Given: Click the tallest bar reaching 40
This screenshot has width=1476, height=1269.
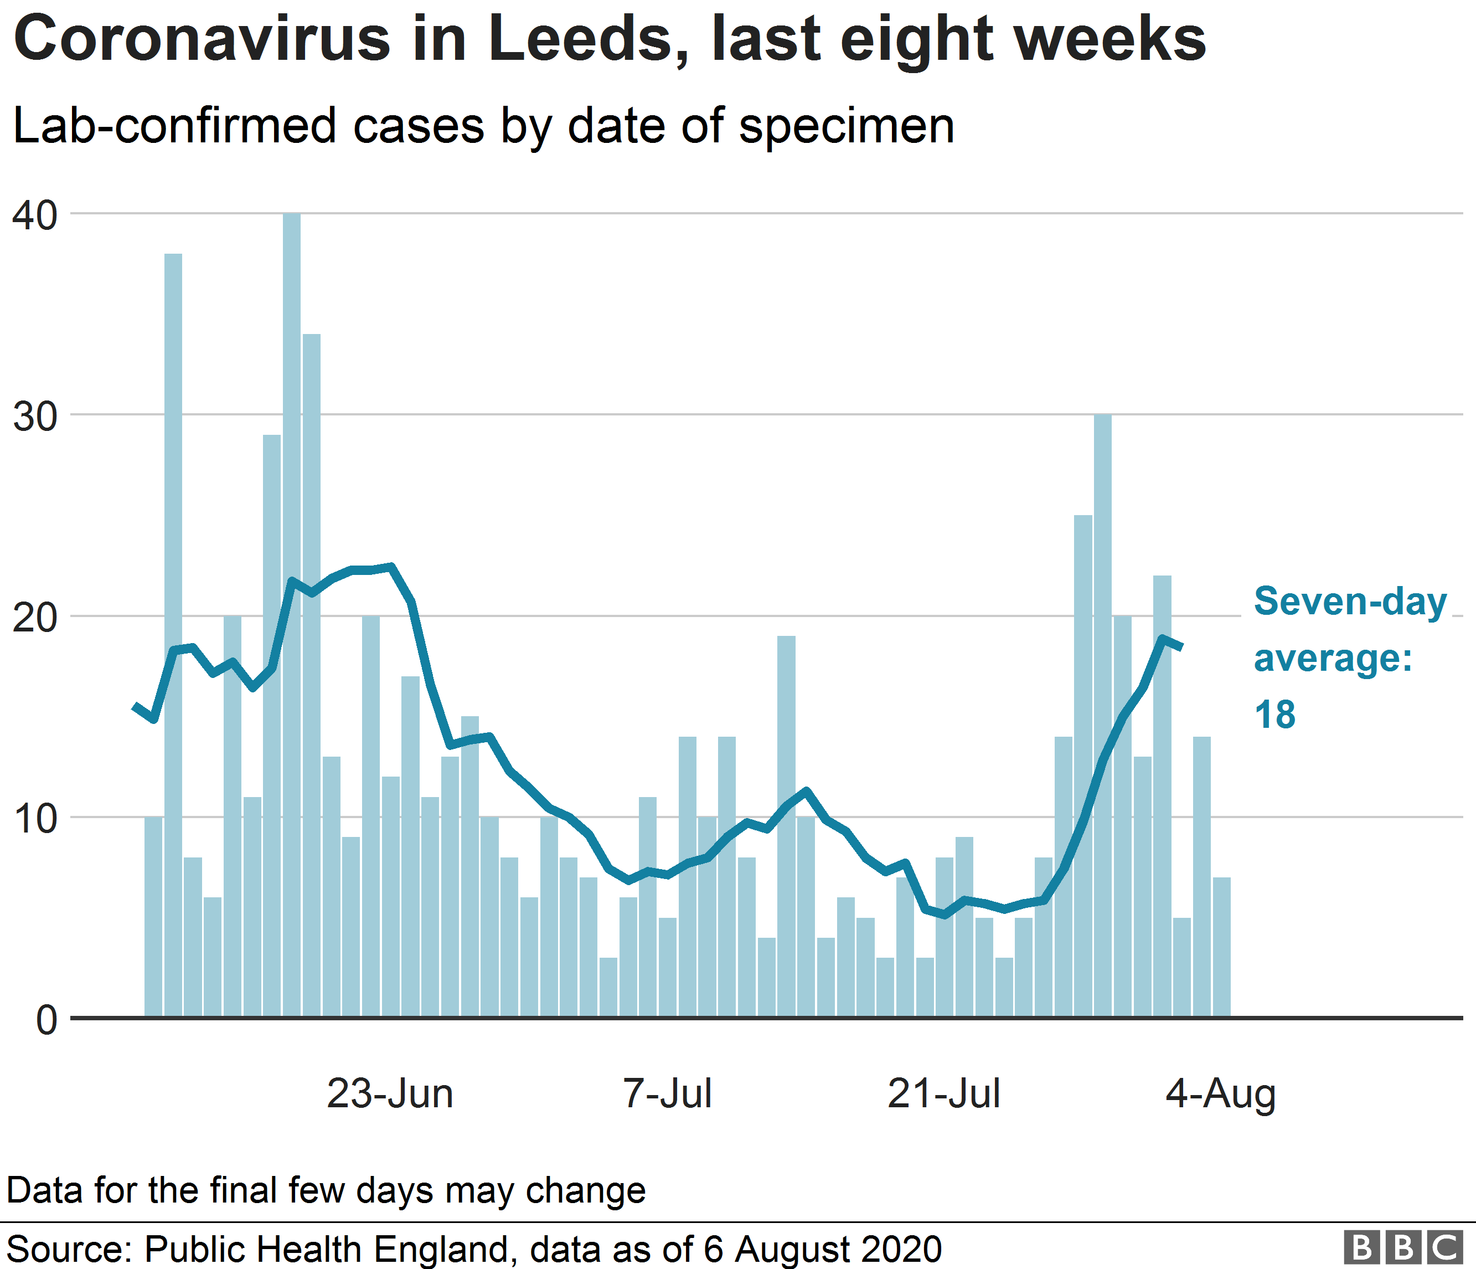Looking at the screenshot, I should (x=291, y=613).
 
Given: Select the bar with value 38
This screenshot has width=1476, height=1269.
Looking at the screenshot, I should (x=173, y=634).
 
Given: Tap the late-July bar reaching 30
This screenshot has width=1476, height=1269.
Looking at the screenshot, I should (x=1102, y=712).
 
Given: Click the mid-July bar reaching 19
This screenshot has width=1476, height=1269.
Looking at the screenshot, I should (x=786, y=826).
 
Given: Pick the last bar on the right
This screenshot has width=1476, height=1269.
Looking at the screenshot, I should (x=1221, y=948).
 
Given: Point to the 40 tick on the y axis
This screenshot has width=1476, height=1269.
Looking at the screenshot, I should (x=35, y=215).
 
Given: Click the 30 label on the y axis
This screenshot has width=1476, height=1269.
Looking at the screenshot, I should (x=35, y=417).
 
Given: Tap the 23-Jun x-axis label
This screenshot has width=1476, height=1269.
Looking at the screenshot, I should (x=390, y=1094).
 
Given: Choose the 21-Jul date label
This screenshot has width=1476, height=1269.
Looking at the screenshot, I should (x=943, y=1094).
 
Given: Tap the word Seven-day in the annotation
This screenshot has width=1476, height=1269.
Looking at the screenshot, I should (x=1350, y=602).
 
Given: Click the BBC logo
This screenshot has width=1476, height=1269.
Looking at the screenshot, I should (x=1402, y=1247).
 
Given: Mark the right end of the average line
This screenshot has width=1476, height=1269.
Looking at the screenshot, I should (x=1181, y=647).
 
